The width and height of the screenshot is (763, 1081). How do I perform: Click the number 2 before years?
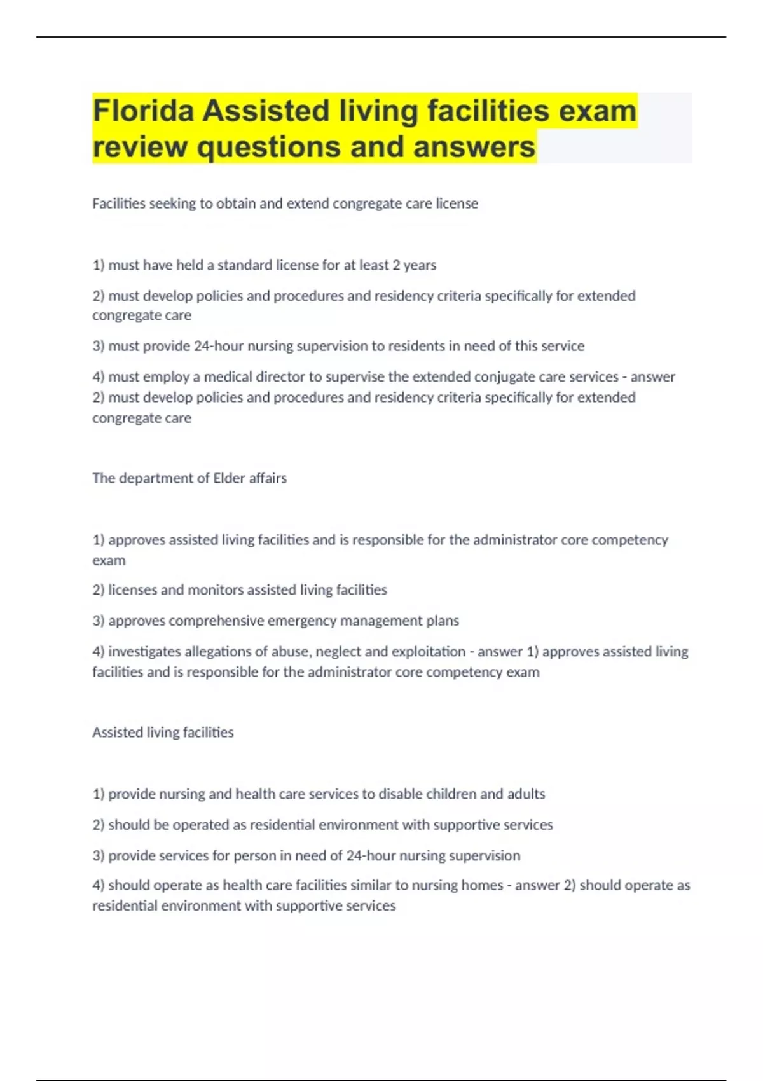(396, 265)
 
